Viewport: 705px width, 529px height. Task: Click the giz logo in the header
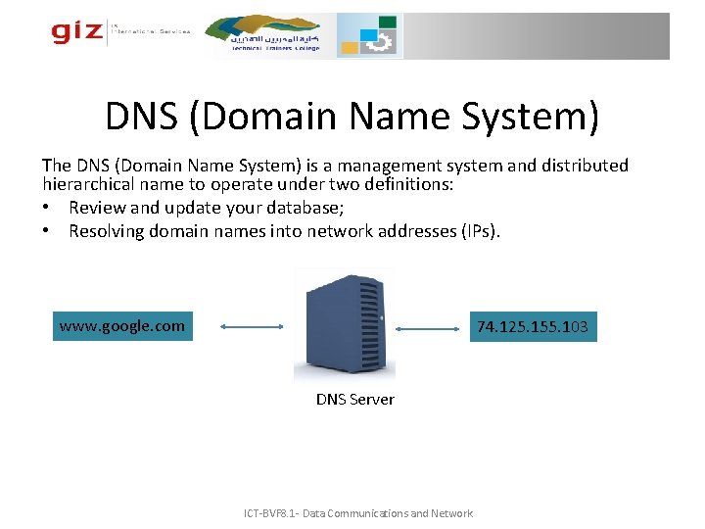pyautogui.click(x=77, y=32)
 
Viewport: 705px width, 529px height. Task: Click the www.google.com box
pyautogui.click(x=122, y=326)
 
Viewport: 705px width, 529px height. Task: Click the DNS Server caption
pyautogui.click(x=354, y=399)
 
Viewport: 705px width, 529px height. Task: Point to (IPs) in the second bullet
pyautogui.click(x=478, y=231)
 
